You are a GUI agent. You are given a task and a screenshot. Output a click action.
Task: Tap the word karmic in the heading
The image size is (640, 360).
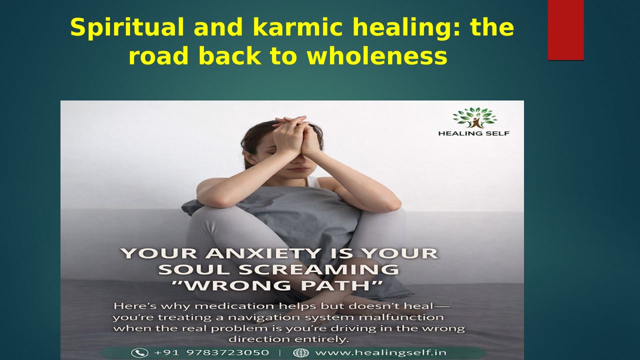pos(297,27)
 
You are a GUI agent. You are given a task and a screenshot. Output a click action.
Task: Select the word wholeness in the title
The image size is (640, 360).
pos(377,55)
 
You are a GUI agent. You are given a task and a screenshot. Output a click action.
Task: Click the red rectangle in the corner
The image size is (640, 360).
pos(565,30)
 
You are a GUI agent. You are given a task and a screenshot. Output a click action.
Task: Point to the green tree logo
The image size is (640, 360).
pos(475,117)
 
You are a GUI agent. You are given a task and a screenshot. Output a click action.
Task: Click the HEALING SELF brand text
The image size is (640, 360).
pos(474,133)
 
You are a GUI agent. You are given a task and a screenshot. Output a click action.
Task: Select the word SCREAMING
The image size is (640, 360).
pos(318,269)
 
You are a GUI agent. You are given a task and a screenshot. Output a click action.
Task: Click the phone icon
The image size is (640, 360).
pos(139,353)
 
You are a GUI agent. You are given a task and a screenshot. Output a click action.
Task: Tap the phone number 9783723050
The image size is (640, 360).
pos(227,353)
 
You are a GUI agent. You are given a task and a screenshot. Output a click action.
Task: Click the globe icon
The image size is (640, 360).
pos(301,353)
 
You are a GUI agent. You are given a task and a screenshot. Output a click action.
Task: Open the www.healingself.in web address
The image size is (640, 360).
pos(381,353)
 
